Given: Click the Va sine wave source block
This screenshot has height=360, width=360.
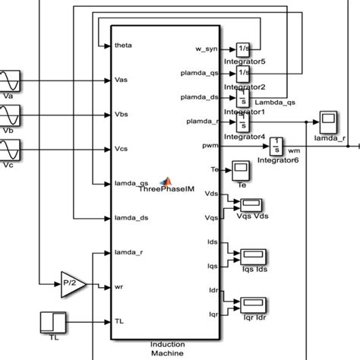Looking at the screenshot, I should pyautogui.click(x=11, y=81).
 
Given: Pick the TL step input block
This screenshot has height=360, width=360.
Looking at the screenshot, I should pyautogui.click(x=51, y=319).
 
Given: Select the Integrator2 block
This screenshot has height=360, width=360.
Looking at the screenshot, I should pyautogui.click(x=243, y=74).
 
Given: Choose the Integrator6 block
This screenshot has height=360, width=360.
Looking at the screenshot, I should pyautogui.click(x=278, y=144).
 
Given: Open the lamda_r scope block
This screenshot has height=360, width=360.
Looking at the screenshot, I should pyautogui.click(x=329, y=121).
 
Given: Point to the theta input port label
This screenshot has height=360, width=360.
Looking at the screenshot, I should pyautogui.click(x=123, y=45).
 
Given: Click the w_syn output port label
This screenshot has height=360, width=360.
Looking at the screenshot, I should pyautogui.click(x=207, y=49).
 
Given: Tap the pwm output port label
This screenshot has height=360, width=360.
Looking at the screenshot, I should pyautogui.click(x=210, y=144).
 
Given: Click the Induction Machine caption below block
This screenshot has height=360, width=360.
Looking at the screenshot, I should pyautogui.click(x=166, y=349).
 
